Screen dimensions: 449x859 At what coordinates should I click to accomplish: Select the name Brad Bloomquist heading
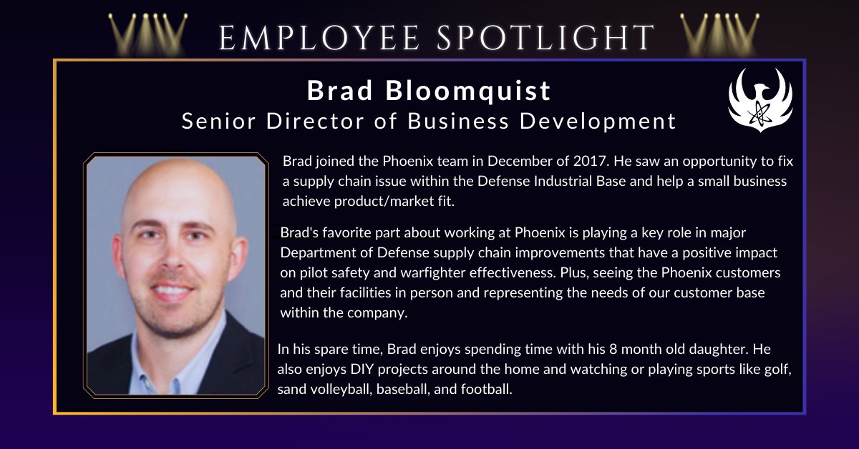[429, 91]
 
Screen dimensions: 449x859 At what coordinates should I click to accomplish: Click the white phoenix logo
[760, 98]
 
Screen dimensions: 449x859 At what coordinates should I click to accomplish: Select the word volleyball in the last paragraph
[339, 390]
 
